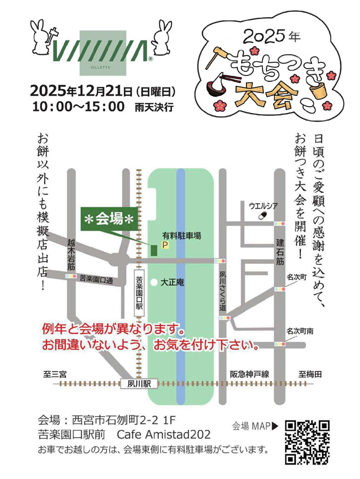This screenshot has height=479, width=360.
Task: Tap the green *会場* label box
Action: tap(108, 220)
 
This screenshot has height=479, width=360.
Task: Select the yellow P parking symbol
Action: tap(165, 246)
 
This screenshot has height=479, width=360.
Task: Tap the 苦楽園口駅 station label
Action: tap(139, 291)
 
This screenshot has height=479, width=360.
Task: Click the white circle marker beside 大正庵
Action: tap(154, 281)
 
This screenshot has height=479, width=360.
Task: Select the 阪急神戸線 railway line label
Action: tap(249, 374)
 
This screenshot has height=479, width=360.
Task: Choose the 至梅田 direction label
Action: tap(310, 374)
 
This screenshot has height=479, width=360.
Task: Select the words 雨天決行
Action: tap(155, 107)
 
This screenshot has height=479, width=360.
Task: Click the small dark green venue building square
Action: tap(154, 248)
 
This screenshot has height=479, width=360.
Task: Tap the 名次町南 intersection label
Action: tap(299, 331)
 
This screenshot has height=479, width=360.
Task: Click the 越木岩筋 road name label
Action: tap(71, 253)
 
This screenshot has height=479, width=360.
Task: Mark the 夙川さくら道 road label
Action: tap(223, 290)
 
